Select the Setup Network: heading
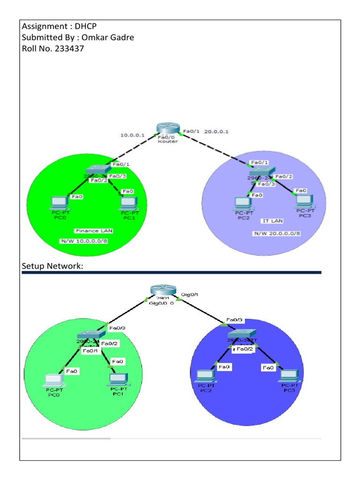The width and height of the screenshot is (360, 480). click(x=52, y=266)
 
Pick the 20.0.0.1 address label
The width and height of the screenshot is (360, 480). click(x=217, y=132)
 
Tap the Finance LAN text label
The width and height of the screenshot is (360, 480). click(x=94, y=231)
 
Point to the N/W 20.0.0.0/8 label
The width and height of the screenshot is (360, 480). click(x=277, y=233)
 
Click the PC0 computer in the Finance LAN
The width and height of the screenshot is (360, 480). click(x=59, y=202)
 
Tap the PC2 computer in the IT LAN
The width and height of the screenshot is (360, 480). click(x=243, y=202)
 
